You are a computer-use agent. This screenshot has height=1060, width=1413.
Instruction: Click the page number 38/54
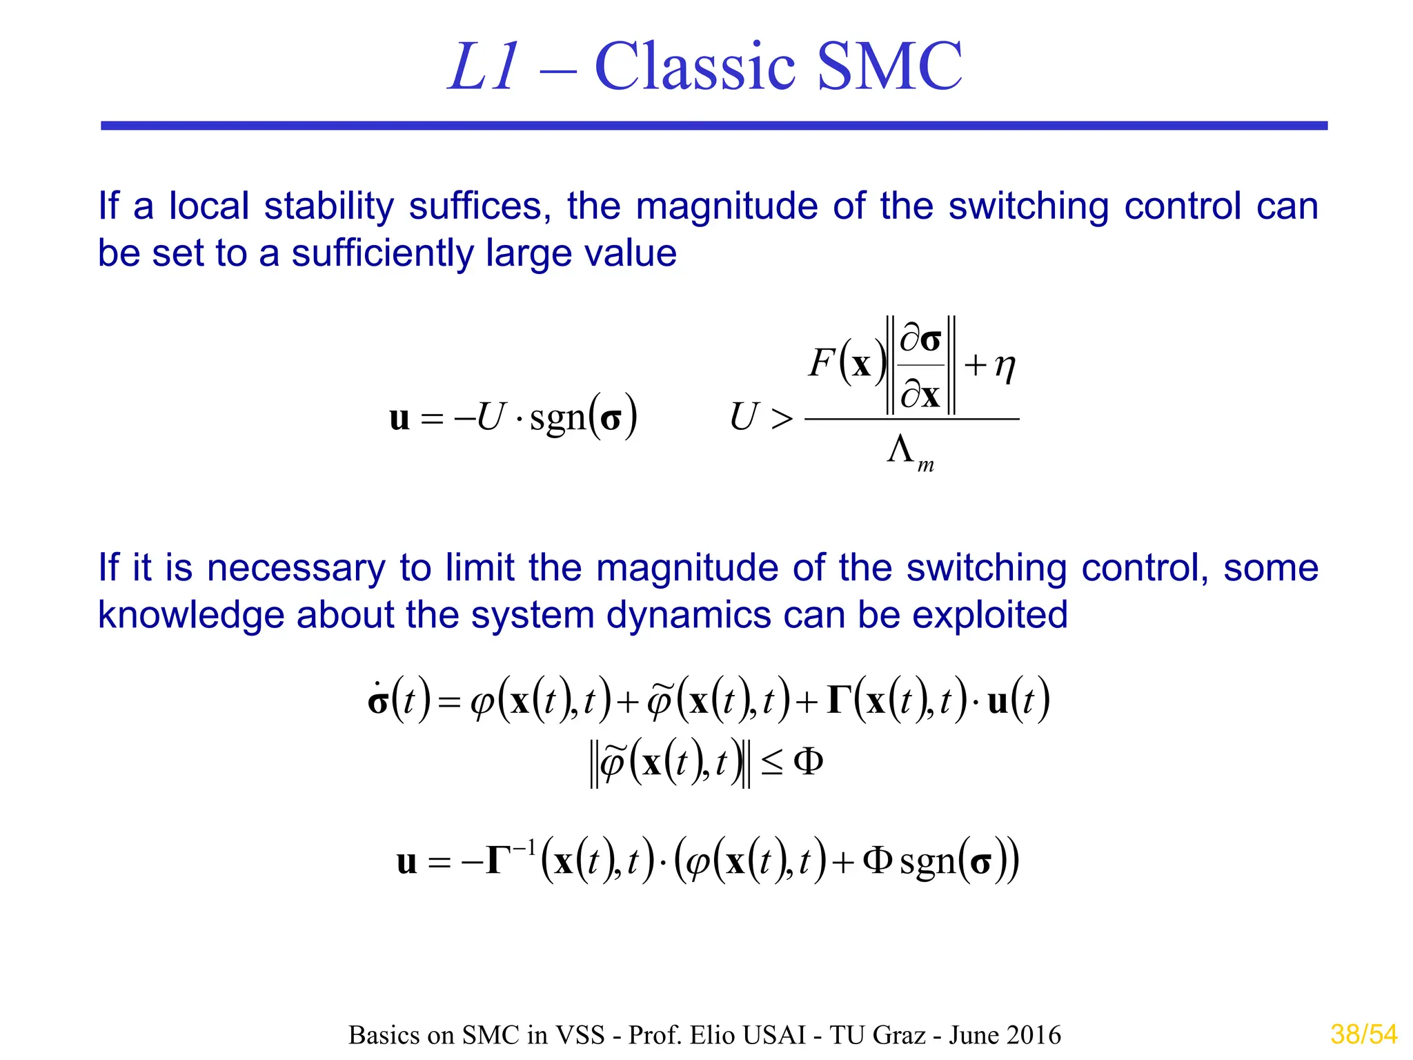pyautogui.click(x=1363, y=1034)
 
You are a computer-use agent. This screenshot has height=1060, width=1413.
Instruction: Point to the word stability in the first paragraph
pyautogui.click(x=328, y=206)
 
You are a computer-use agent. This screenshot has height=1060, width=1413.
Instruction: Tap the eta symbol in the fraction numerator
pyautogui.click(x=1005, y=365)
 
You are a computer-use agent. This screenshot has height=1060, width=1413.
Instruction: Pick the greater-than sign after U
pyautogui.click(x=782, y=418)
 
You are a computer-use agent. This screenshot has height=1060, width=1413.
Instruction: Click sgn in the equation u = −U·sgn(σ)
pyautogui.click(x=557, y=418)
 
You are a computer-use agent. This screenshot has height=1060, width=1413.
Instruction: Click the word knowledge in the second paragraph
pyautogui.click(x=191, y=615)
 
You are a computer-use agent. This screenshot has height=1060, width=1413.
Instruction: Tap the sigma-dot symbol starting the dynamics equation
pyautogui.click(x=378, y=700)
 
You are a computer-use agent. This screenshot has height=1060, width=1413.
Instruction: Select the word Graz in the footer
pyautogui.click(x=900, y=1035)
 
